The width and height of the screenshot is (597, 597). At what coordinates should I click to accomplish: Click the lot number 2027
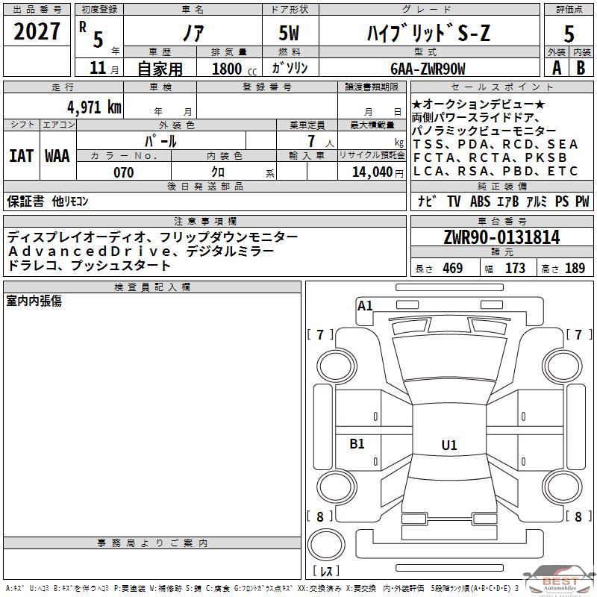coord(37,31)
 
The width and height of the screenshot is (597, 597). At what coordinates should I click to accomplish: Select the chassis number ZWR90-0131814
coord(501,237)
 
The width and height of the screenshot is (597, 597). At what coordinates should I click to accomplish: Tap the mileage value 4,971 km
coord(95,107)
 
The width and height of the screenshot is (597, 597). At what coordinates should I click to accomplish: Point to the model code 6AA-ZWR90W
coord(428,69)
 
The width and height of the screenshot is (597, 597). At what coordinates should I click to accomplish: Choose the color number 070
coord(124,172)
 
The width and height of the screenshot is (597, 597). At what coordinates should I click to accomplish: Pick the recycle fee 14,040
coord(372,172)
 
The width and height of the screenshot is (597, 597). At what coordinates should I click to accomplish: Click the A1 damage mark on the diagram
coord(365,306)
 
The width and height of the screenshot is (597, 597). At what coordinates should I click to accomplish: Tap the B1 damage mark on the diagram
coord(357,443)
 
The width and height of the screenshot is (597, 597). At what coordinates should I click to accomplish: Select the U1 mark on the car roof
coord(449,445)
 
